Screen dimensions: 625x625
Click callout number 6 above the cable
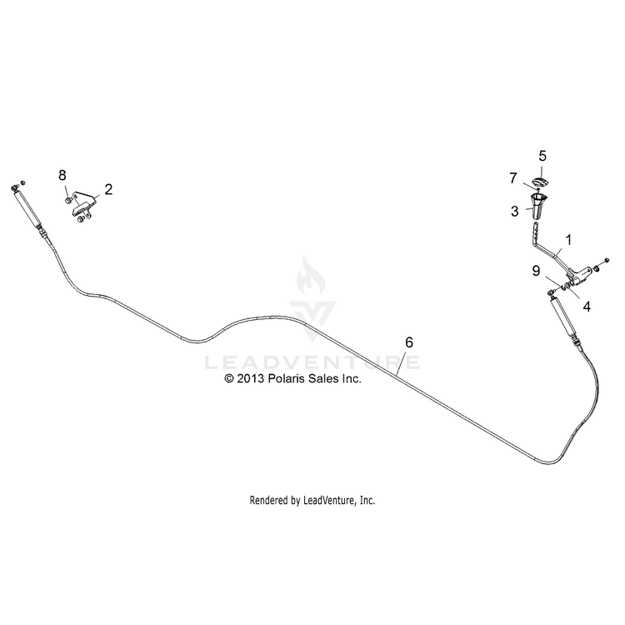click(409, 342)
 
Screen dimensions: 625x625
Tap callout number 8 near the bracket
click(62, 175)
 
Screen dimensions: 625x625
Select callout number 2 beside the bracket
click(108, 189)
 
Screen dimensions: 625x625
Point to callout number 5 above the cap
click(542, 156)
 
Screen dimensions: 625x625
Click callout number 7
click(513, 178)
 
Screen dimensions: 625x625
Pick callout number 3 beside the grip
click(515, 211)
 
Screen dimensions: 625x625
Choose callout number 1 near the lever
click(569, 240)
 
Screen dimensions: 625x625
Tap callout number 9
click(536, 271)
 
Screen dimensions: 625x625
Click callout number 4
click(587, 307)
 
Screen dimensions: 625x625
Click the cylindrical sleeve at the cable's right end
click(562, 318)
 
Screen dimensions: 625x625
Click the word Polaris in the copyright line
click(284, 377)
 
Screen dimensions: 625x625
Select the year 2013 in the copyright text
click(251, 378)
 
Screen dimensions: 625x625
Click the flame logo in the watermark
click(311, 276)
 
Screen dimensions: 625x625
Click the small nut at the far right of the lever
click(607, 260)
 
